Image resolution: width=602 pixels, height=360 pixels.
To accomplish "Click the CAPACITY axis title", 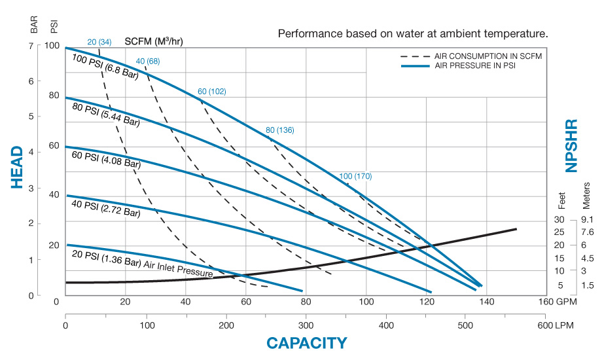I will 306,343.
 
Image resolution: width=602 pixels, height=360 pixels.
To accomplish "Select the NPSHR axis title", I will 571,145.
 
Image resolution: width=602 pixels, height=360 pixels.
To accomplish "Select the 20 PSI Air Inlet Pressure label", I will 142,262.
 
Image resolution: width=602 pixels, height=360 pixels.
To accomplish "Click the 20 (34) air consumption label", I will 99,43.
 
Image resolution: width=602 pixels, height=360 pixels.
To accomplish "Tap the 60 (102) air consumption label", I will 211,91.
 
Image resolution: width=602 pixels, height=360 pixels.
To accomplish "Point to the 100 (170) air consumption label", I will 355,176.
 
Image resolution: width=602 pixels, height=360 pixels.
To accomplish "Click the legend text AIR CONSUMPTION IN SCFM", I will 487,56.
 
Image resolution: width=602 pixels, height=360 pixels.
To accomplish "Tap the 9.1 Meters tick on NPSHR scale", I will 586,219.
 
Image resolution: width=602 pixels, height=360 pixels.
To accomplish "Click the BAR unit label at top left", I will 35,25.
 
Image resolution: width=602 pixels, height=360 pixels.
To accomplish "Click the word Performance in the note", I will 306,33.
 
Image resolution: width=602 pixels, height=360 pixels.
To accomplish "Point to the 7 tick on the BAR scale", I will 30,46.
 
